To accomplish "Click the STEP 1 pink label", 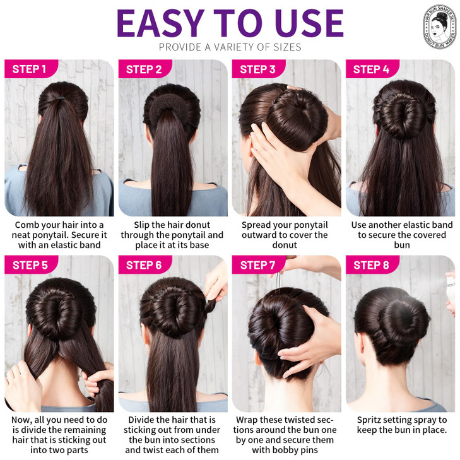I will (29, 69).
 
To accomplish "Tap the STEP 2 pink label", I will (144, 69).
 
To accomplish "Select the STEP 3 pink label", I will (257, 69).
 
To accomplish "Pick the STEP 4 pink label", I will (371, 69).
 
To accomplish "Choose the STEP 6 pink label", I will (144, 265).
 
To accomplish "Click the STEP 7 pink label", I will (257, 265).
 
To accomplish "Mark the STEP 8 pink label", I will (372, 265).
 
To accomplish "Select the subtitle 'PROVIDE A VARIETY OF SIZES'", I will (230, 47).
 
